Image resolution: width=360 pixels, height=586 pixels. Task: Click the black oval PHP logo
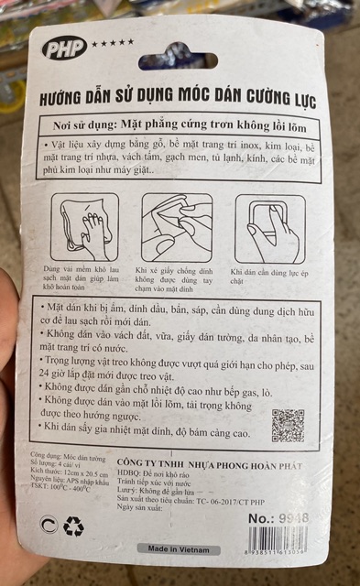click(61, 49)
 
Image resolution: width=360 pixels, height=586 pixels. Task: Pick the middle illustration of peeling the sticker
click(177, 224)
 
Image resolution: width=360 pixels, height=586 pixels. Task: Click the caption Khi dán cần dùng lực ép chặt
click(269, 277)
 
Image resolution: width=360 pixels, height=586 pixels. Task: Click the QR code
click(288, 424)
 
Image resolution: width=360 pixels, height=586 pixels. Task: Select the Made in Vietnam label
click(179, 549)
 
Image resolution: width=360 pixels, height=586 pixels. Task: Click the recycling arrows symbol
click(73, 525)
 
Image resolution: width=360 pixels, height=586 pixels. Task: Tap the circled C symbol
click(49, 525)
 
